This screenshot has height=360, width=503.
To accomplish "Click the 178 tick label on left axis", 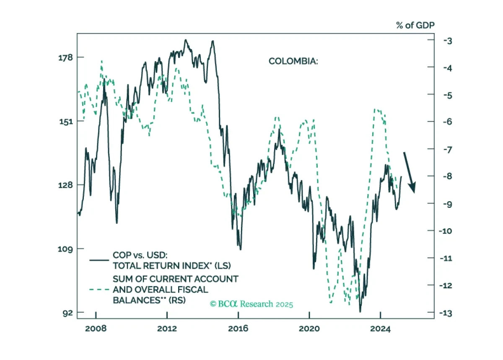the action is pos(65,58).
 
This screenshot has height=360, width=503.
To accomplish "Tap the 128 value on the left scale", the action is pos(65,185).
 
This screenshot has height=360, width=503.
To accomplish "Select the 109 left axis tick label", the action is pos(65,249).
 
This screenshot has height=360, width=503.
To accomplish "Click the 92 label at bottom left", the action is pos(68,313).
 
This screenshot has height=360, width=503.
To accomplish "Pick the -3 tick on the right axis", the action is pos(448,41).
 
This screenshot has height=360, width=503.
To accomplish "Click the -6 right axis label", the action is pos(448,122).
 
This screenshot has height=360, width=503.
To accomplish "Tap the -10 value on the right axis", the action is pos(446,231).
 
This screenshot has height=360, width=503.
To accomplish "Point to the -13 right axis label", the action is pos(446,313).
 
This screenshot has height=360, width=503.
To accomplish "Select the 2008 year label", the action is pos(96,329).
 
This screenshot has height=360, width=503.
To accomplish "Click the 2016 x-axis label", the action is pos(238,329).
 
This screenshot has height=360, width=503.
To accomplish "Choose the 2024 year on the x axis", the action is pos(381,329).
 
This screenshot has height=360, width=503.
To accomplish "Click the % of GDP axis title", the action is pos(415,25).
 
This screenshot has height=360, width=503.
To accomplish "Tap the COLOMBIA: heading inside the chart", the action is pos(293,61).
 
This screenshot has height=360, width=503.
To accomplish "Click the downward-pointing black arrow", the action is pos(410,173).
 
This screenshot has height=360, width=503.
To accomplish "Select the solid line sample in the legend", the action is pos(99,260).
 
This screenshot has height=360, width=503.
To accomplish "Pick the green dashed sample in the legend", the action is pos(99,290).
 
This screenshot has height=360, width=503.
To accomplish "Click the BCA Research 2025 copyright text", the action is pos(251,304).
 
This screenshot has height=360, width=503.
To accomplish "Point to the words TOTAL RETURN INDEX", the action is pos(161,266).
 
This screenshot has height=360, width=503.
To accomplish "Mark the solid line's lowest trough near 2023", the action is pos(360,312).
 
